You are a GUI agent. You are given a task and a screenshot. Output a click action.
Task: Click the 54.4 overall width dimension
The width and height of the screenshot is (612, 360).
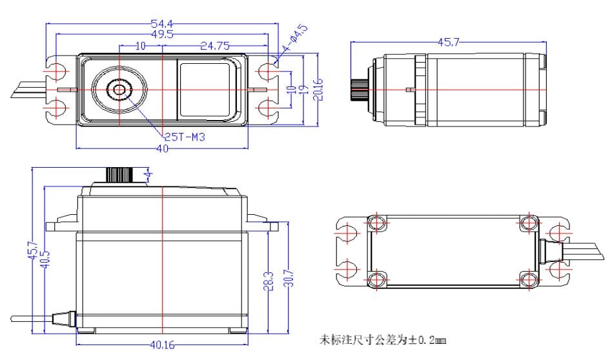point(161,24)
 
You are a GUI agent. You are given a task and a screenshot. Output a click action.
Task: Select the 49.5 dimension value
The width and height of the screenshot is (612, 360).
point(163,34)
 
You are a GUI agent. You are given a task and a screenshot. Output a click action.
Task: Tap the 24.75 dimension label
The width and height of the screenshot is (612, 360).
point(215,46)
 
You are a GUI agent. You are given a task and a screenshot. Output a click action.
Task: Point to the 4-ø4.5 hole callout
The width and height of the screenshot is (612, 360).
point(296,38)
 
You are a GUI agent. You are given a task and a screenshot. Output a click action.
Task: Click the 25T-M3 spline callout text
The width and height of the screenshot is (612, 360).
point(184,137)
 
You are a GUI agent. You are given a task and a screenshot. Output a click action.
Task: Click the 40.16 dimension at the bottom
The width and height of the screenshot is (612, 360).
point(162,345)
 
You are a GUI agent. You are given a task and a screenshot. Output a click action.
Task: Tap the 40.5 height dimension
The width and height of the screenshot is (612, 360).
point(45,259)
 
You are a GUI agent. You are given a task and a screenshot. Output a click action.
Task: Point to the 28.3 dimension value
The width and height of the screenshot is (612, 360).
point(269,281)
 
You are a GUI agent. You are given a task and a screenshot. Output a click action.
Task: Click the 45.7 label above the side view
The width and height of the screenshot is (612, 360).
point(449,42)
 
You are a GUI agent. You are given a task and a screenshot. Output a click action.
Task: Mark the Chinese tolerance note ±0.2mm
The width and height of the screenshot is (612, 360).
point(382,340)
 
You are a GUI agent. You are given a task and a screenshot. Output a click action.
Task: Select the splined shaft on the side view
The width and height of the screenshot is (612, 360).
point(360,90)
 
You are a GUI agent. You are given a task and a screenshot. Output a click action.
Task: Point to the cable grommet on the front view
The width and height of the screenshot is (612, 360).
point(63,318)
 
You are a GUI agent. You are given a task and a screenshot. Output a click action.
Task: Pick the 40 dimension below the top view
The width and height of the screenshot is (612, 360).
point(162,148)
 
